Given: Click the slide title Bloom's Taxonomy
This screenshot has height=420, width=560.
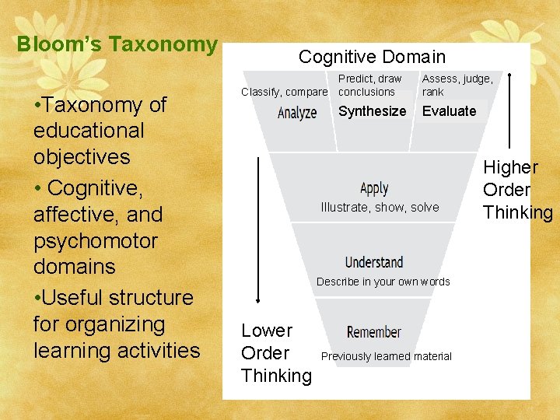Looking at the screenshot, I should click(x=117, y=44).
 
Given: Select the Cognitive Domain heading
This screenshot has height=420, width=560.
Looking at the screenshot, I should click(x=372, y=57).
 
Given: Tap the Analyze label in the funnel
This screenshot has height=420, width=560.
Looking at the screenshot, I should click(x=297, y=113).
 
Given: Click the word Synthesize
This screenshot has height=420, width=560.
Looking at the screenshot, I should click(x=372, y=111).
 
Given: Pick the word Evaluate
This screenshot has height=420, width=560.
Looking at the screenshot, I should click(x=449, y=111).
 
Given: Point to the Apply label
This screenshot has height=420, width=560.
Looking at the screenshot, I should click(x=374, y=188).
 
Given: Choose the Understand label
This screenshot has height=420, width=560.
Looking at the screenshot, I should click(x=374, y=262).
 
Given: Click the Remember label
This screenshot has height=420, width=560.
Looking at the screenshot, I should click(x=374, y=332).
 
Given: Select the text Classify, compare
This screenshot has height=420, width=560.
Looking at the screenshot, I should click(x=285, y=92).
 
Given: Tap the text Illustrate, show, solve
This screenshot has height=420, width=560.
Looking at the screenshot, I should click(x=380, y=208).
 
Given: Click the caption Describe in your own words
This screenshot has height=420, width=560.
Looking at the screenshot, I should click(x=383, y=282).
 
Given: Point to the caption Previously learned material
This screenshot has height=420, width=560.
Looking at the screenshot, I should click(x=386, y=356).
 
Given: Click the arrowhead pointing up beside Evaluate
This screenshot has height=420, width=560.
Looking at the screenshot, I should click(x=509, y=77).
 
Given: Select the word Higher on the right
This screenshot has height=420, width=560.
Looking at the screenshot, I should click(x=510, y=167).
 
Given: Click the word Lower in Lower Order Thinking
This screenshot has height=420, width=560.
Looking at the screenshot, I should click(x=267, y=331).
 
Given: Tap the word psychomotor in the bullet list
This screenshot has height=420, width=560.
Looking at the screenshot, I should click(x=96, y=240).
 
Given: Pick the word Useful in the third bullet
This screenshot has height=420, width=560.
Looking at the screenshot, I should click(x=75, y=298).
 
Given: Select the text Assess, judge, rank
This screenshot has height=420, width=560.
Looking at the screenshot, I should click(x=457, y=85).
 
